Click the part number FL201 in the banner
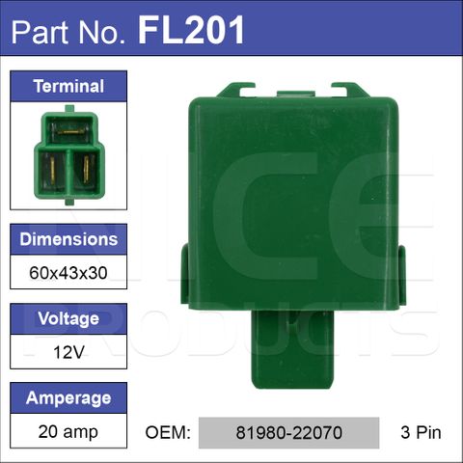click(x=191, y=30)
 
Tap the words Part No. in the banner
click(x=68, y=32)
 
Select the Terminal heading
click(x=68, y=86)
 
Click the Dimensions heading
click(x=68, y=239)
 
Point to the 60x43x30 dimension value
click(x=68, y=273)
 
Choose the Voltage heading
click(x=68, y=318)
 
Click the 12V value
click(x=68, y=352)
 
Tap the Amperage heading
click(x=68, y=398)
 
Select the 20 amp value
click(x=68, y=432)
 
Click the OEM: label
click(x=168, y=432)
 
